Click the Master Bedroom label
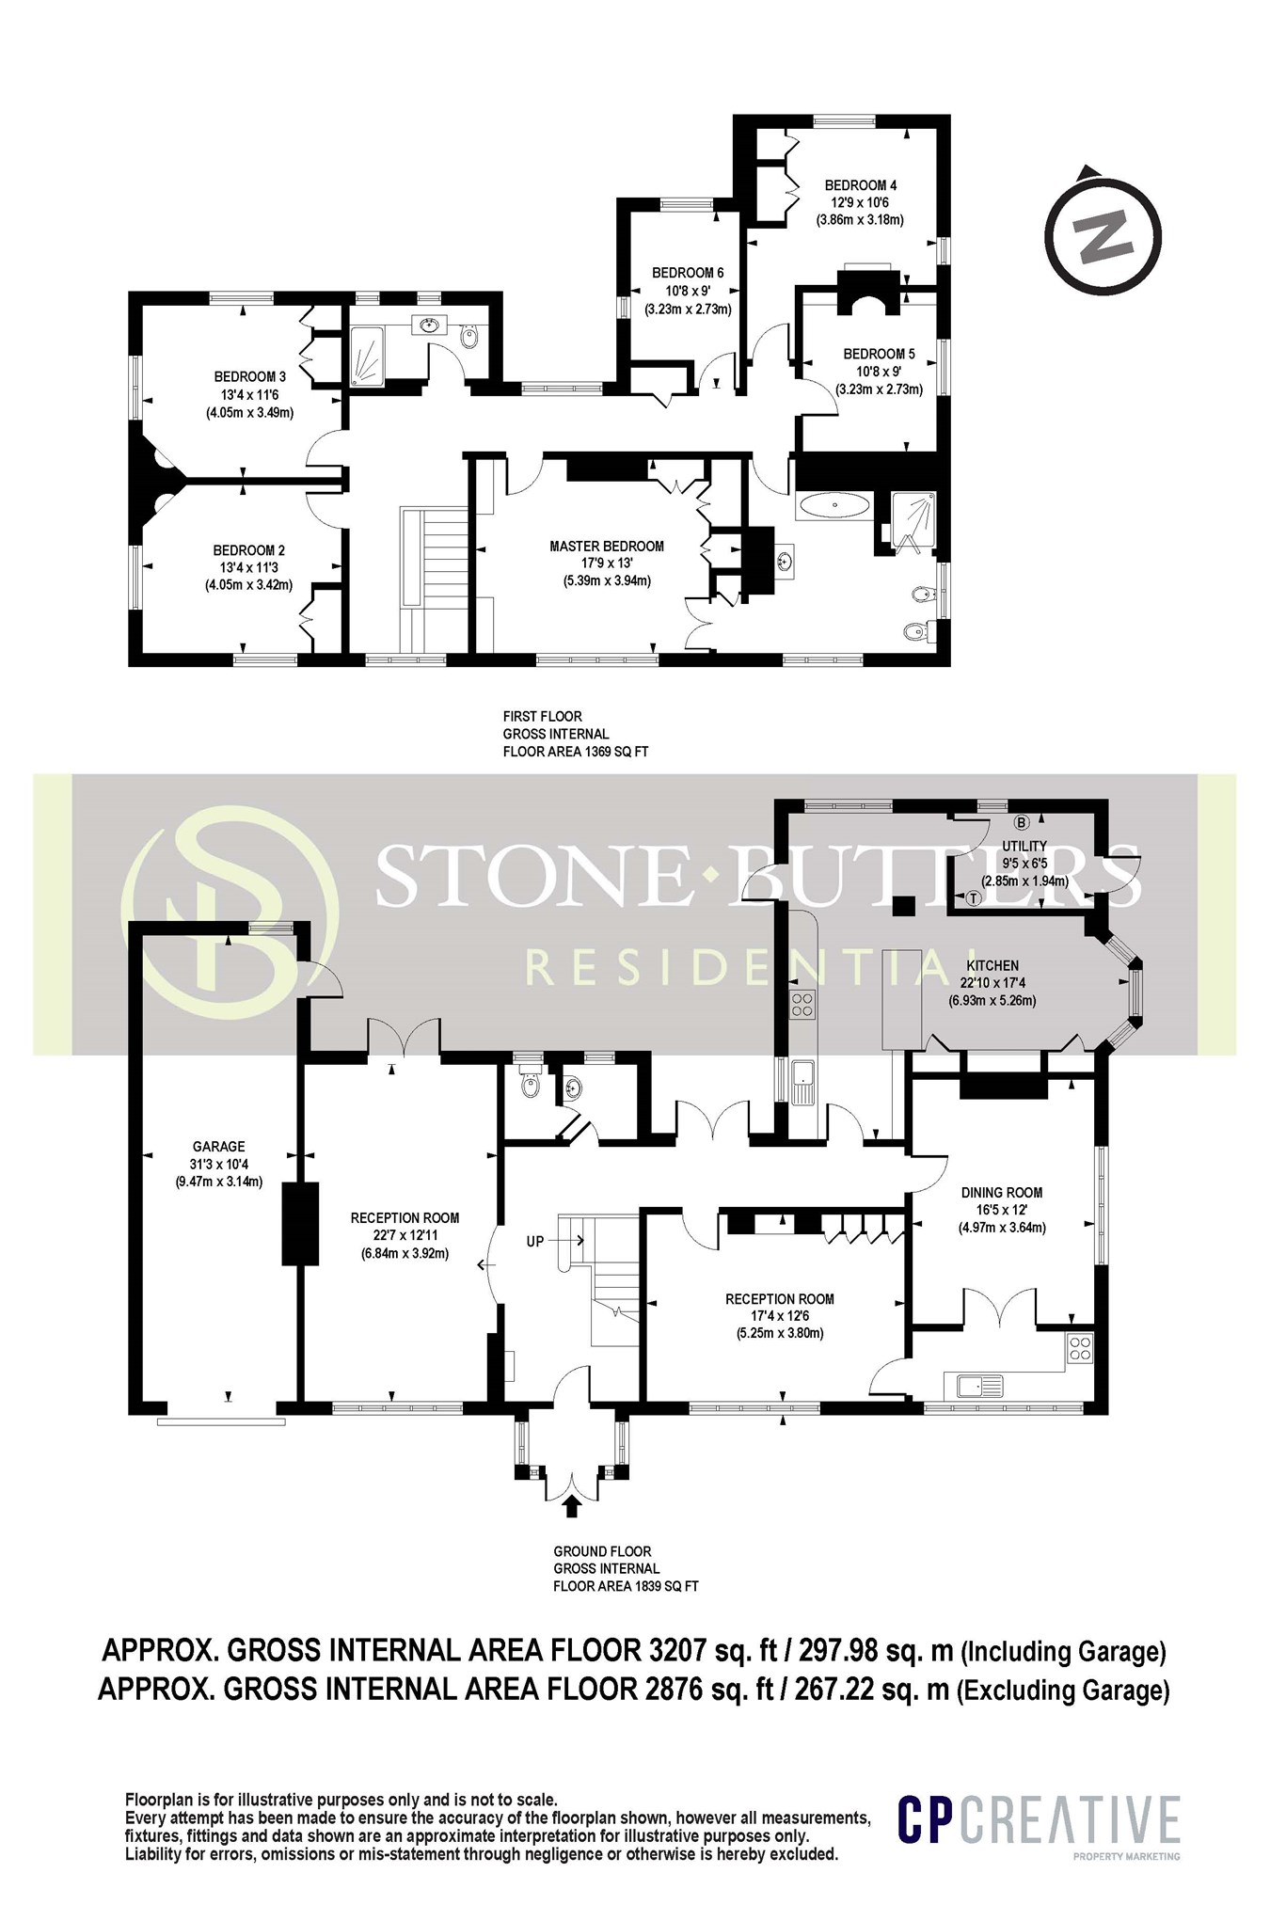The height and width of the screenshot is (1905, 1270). pyautogui.click(x=606, y=546)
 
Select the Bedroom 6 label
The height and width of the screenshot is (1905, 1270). pyautogui.click(x=688, y=273)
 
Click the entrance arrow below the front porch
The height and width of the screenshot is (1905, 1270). pyautogui.click(x=570, y=1506)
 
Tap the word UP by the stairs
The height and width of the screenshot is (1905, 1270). pyautogui.click(x=534, y=1242)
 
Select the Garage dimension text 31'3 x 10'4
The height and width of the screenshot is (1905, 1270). pyautogui.click(x=218, y=1164)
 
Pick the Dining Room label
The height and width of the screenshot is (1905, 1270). pyautogui.click(x=1002, y=1192)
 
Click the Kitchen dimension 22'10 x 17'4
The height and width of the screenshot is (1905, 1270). pyautogui.click(x=992, y=982)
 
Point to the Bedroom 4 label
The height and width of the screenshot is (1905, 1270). pyautogui.click(x=855, y=185)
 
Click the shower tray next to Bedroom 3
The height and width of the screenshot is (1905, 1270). pyautogui.click(x=373, y=356)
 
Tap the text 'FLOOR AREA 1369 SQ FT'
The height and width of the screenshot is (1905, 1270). pyautogui.click(x=575, y=752)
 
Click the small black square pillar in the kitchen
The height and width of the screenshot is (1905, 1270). pyautogui.click(x=903, y=905)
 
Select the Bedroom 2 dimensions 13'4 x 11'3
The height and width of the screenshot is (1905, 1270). pyautogui.click(x=248, y=567)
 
